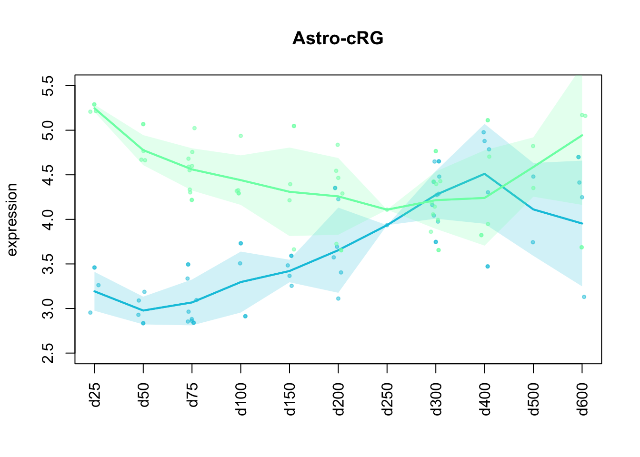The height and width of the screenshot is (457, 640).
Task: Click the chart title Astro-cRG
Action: (x=338, y=38)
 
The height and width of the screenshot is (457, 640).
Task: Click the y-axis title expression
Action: (x=12, y=219)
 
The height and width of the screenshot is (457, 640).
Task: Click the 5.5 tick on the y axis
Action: (x=48, y=86)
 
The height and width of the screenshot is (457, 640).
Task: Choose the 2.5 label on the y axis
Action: (x=48, y=353)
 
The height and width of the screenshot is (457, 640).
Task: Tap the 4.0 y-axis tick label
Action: (x=48, y=219)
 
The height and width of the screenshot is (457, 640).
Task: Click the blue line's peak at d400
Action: (x=484, y=174)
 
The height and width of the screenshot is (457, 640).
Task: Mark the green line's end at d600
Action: (x=582, y=135)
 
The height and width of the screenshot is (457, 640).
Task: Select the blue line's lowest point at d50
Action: (x=143, y=310)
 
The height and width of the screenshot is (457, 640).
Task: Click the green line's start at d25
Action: (x=94, y=108)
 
